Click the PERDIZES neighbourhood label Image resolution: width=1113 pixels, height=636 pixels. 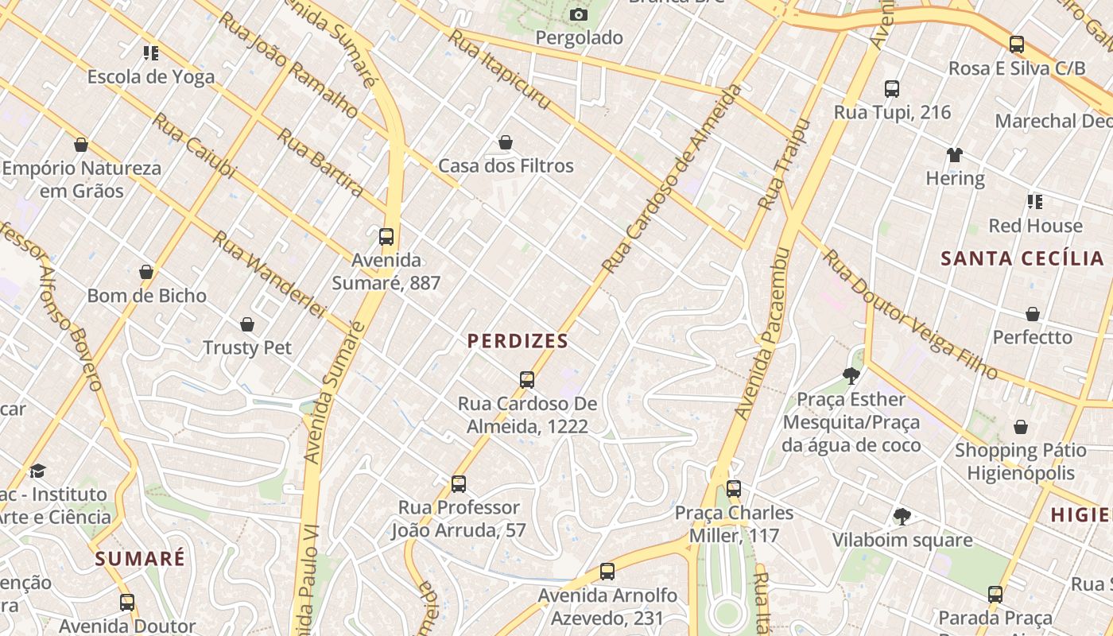tap(518, 342)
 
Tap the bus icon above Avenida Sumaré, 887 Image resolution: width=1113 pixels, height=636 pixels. tap(386, 237)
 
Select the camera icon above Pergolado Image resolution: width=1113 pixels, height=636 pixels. tap(579, 14)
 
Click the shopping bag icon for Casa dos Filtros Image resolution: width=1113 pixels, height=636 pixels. tap(506, 142)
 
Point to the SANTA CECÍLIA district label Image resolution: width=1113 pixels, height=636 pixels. tap(1022, 258)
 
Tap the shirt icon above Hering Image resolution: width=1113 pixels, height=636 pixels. tap(955, 154)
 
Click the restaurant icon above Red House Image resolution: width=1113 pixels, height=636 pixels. tap(1034, 202)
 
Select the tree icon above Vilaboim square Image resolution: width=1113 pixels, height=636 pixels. tap(902, 517)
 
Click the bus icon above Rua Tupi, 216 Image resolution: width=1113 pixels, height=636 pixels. tap(892, 89)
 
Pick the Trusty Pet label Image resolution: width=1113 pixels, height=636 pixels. tap(247, 347)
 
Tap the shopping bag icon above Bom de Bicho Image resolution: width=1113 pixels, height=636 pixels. tap(146, 272)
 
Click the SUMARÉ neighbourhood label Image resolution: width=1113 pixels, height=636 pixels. tap(140, 558)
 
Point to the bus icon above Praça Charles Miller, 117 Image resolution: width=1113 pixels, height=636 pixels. tap(734, 489)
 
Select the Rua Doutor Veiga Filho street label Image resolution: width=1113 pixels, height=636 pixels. tap(909, 315)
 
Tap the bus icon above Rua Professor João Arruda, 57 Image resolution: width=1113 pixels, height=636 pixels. tap(459, 483)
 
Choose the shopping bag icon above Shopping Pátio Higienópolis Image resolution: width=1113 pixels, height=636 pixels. tap(1021, 428)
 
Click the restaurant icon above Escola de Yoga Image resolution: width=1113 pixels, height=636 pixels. tap(151, 53)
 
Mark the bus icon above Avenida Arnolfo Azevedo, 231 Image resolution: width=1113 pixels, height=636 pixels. tap(607, 571)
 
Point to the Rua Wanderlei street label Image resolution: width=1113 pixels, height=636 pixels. tap(270, 274)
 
